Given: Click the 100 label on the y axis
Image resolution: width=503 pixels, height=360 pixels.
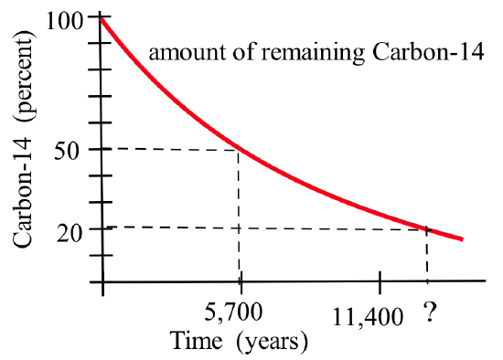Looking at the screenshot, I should (74, 19).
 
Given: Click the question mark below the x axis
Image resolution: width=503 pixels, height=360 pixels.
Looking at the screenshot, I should (428, 316).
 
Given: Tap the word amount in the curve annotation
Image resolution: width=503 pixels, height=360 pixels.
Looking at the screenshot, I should (179, 52).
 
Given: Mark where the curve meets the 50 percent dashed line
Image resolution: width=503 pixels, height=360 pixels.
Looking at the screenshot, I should (240, 149).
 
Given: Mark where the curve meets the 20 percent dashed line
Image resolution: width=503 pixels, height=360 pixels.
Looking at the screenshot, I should (427, 228).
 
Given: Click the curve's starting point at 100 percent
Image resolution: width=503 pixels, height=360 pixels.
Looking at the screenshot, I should (102, 17).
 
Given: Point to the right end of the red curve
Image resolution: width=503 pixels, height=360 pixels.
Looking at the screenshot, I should (462, 239).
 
